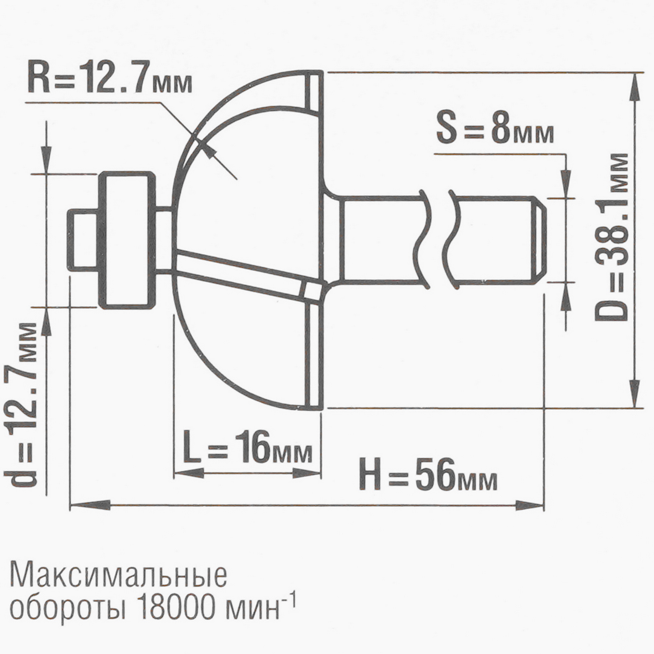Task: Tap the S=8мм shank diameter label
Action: [495, 131]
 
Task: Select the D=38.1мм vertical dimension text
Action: [611, 237]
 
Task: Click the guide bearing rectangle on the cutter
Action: [127, 240]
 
